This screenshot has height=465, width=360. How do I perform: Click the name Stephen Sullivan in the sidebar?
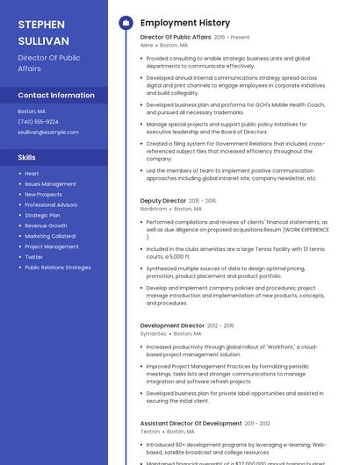[x=43, y=32]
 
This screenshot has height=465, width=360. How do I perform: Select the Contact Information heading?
[x=56, y=95]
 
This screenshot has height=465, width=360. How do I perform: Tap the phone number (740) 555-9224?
[x=38, y=122]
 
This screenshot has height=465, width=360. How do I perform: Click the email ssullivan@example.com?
[x=48, y=132]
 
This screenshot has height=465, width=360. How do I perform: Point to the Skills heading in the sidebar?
[x=26, y=157]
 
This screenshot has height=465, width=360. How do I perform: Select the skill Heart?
[x=32, y=174]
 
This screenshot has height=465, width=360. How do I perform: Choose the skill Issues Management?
[x=50, y=184]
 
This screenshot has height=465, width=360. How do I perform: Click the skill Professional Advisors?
[x=51, y=204]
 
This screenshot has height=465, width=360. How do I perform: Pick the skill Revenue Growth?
[x=46, y=225]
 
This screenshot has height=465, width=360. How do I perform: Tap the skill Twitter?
[x=34, y=257]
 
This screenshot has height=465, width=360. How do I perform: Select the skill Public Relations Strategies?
[x=58, y=268]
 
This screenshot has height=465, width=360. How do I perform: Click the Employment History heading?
[x=185, y=23]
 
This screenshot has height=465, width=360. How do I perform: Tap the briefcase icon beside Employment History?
[x=126, y=23]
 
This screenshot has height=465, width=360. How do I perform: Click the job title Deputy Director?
[x=163, y=201]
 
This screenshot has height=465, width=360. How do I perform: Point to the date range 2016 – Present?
[x=232, y=38]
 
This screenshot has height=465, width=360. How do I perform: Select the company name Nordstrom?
[x=154, y=209]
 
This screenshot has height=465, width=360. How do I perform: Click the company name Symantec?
[x=153, y=333]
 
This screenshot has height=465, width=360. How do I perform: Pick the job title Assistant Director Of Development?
[x=191, y=423]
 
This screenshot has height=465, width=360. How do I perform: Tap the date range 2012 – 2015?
[x=220, y=325]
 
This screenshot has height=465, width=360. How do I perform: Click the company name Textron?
[x=150, y=431]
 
